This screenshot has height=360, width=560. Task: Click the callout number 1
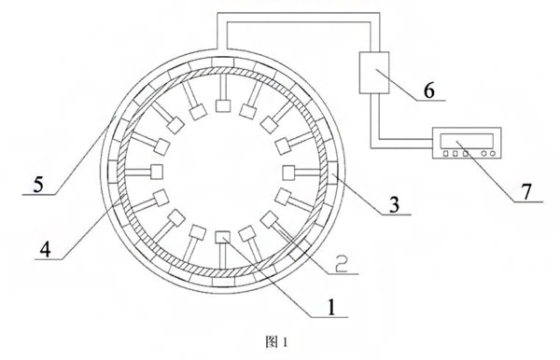click(x=331, y=308)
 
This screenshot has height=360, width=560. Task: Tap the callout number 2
click(x=341, y=264)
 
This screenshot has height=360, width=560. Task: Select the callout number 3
click(x=394, y=205)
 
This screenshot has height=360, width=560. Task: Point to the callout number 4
click(x=46, y=250)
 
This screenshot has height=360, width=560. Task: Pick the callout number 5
click(x=38, y=185)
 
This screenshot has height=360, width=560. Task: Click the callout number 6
click(x=429, y=90)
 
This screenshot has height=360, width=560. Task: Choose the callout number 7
click(x=526, y=191)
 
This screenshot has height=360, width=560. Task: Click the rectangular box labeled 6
click(x=374, y=73)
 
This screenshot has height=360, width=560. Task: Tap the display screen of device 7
click(x=467, y=141)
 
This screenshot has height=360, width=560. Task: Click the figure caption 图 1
click(x=276, y=342)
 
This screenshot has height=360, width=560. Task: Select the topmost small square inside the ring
click(x=223, y=106)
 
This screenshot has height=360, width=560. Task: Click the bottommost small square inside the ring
click(x=223, y=237)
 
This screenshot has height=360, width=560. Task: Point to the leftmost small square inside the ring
click(x=157, y=172)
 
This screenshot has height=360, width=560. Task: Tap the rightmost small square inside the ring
click(x=289, y=173)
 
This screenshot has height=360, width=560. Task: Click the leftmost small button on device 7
click(x=446, y=154)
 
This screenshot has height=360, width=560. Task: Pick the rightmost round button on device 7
click(x=493, y=154)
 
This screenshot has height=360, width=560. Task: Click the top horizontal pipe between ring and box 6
click(x=299, y=18)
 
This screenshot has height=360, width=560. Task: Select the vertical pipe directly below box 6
click(x=374, y=120)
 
